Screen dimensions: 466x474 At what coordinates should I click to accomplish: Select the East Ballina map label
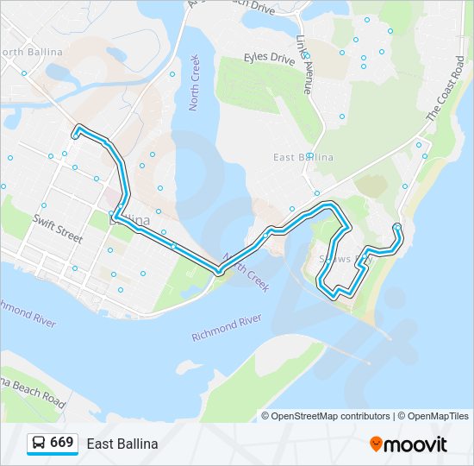point(302,157)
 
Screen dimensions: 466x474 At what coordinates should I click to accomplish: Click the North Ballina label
point(32,52)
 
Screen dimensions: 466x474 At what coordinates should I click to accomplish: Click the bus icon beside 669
point(39,444)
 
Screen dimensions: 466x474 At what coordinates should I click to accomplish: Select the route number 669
point(61,443)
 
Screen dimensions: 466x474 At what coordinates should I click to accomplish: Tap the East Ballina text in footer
point(122,444)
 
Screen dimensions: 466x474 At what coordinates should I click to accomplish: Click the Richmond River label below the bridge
point(227,327)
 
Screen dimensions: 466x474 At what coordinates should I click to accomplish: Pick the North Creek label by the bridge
point(246,272)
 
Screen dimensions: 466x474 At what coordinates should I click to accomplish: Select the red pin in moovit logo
point(376,444)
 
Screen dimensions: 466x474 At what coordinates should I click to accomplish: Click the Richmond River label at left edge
point(28,312)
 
